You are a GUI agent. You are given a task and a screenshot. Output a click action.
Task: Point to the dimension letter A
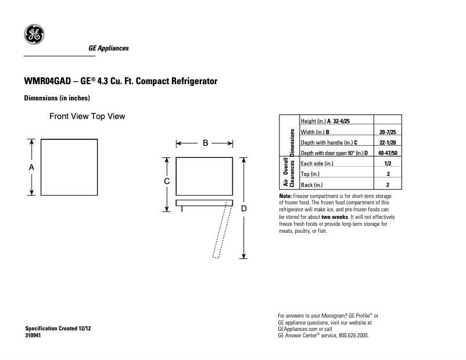pyautogui.click(x=32, y=167)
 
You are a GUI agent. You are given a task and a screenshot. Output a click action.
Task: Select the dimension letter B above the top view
pyautogui.click(x=205, y=143)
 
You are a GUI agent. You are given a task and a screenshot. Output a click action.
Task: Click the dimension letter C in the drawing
pyautogui.click(x=166, y=181)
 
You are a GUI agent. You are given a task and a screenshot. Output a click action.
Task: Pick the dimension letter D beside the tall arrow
pyautogui.click(x=244, y=208)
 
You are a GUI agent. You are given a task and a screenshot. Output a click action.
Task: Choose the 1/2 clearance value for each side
pyautogui.click(x=388, y=164)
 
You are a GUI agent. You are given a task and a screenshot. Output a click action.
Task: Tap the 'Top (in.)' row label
pyautogui.click(x=310, y=174)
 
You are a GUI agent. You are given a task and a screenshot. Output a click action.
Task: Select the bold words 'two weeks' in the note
pyautogui.click(x=334, y=217)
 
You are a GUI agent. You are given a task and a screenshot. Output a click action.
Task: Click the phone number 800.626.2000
pyautogui.click(x=350, y=336)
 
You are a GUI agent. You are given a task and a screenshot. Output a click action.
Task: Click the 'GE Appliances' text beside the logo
pyautogui.click(x=109, y=48)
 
